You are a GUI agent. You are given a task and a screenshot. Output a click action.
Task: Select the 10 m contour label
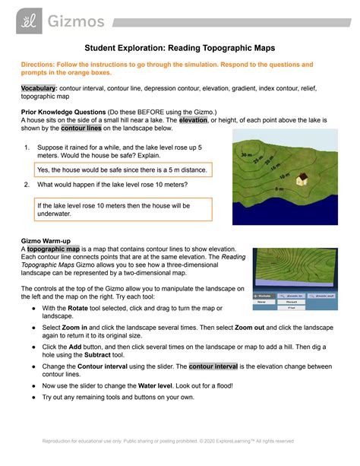click(x=276, y=176)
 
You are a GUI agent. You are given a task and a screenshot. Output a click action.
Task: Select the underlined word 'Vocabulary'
click(x=39, y=88)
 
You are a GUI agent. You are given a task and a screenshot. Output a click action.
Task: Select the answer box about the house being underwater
click(x=115, y=210)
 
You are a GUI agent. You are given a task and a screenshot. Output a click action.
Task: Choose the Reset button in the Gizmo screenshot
click(x=296, y=300)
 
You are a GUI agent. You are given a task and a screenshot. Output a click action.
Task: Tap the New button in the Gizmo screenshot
click(x=264, y=300)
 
